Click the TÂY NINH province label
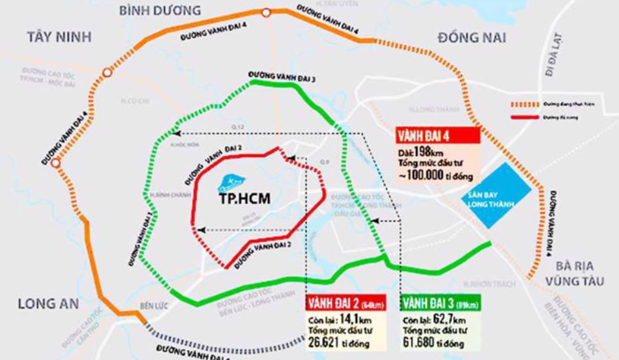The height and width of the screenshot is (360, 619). point(60,37)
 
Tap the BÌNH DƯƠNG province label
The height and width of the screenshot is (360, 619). point(160,10)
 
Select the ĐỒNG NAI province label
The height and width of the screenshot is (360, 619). point(472,37)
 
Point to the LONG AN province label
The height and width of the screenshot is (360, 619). point(48,304)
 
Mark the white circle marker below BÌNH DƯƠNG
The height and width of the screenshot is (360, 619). point(266,12)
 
